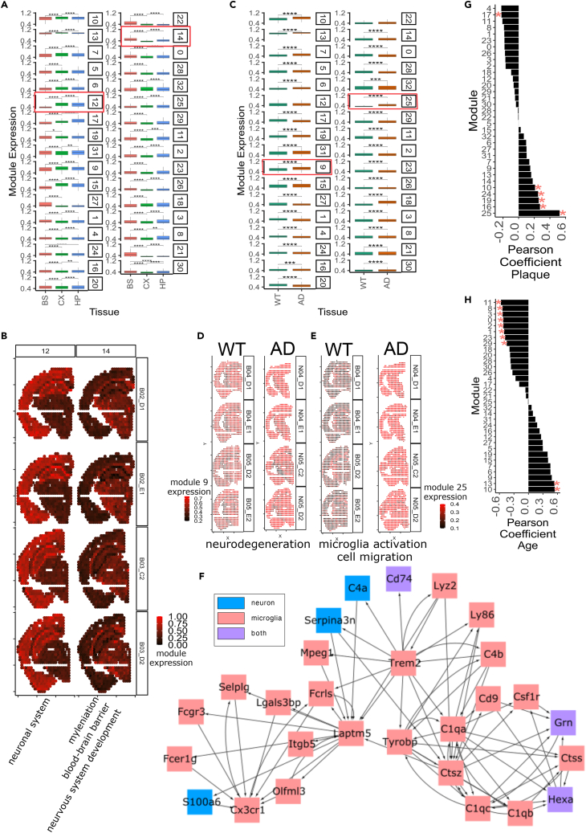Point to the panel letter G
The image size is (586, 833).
[x=457, y=7]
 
